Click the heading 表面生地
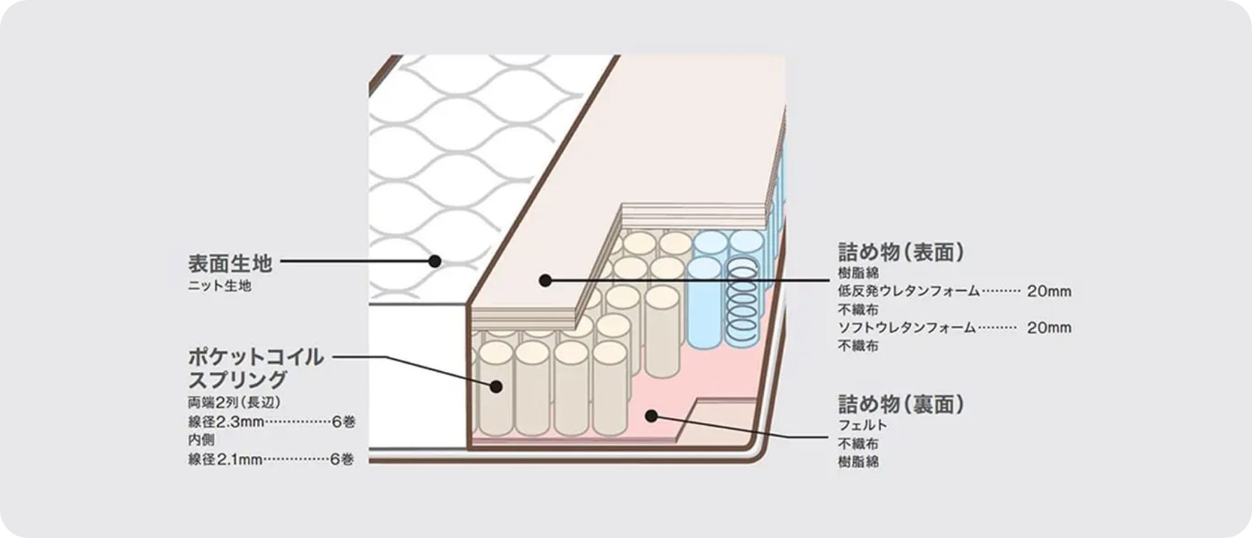(x=230, y=263)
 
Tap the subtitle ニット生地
(x=220, y=286)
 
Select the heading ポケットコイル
(x=256, y=357)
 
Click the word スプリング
(x=237, y=380)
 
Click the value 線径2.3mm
(x=225, y=422)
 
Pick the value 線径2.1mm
(x=225, y=460)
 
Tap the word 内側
(x=201, y=440)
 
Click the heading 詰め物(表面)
(x=900, y=252)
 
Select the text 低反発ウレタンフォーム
(x=908, y=291)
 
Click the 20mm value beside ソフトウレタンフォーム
(x=1049, y=328)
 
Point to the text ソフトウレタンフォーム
(x=907, y=328)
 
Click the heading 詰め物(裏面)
(x=900, y=404)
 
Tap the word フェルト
(x=862, y=425)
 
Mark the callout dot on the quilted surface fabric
(x=434, y=261)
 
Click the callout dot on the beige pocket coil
(x=496, y=386)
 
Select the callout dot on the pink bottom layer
(x=651, y=415)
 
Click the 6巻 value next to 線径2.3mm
(x=342, y=422)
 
